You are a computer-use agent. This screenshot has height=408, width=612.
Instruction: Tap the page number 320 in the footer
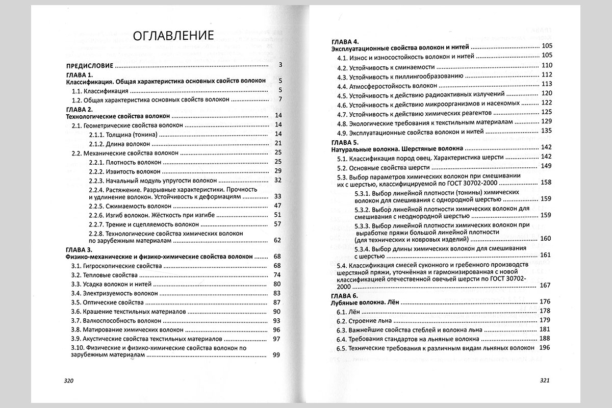tap(68, 380)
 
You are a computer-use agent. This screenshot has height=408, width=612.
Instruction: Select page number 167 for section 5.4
tap(546, 285)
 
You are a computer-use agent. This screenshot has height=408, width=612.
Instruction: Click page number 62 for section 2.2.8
tap(277, 240)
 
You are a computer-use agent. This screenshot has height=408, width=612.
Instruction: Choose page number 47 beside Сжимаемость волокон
tap(277, 206)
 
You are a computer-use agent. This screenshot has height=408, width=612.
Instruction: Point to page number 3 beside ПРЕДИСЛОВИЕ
tap(280, 66)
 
